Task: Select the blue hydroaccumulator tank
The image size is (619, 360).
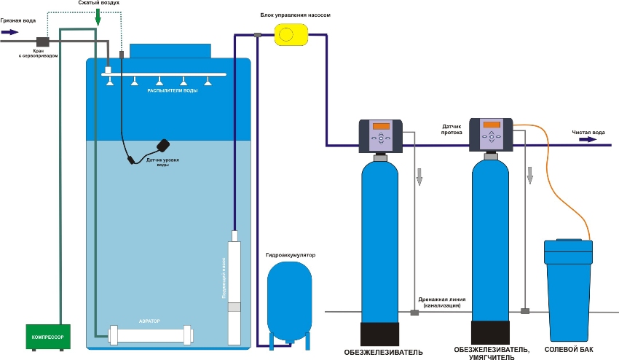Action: pyautogui.click(x=289, y=299)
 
